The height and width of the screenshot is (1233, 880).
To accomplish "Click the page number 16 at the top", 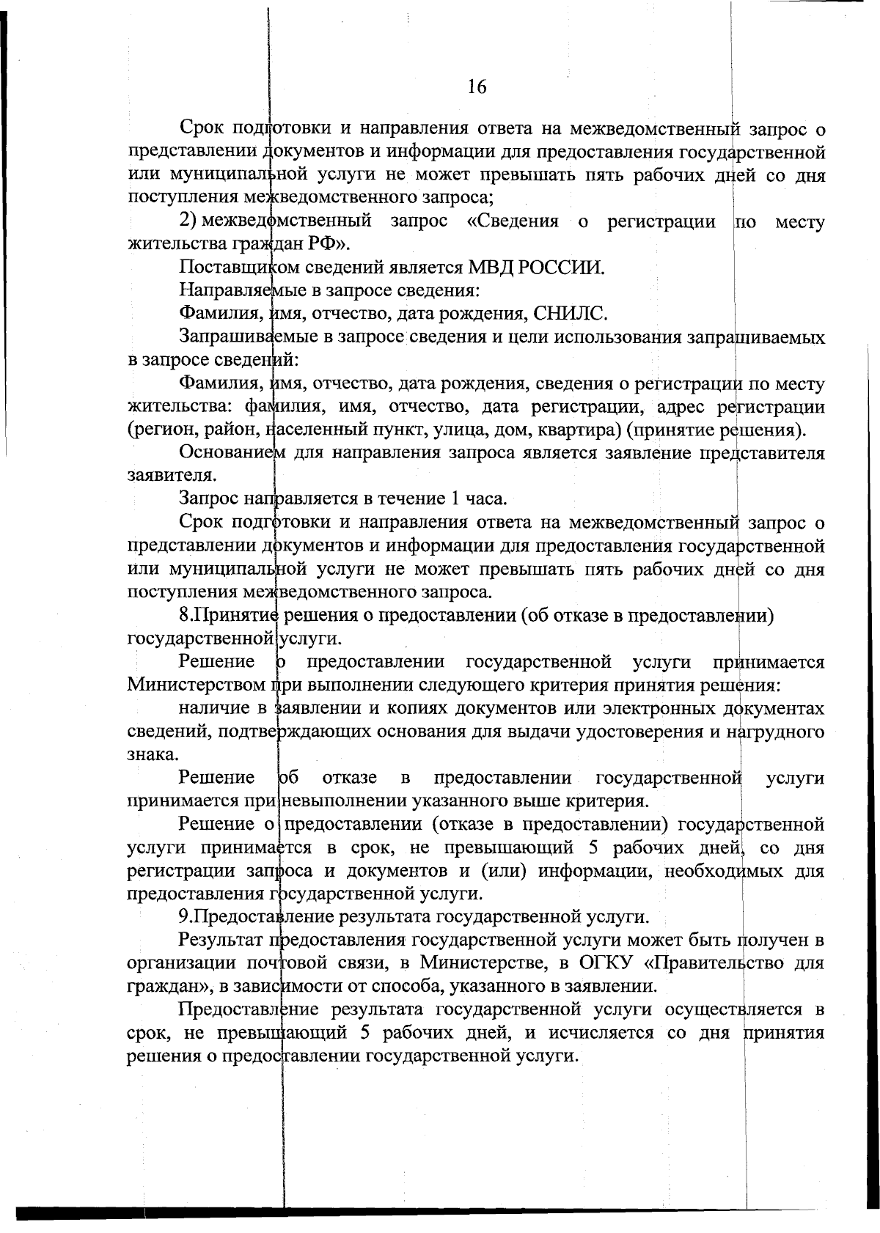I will (x=476, y=87).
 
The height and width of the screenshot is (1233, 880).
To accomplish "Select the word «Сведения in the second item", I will (x=513, y=221).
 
